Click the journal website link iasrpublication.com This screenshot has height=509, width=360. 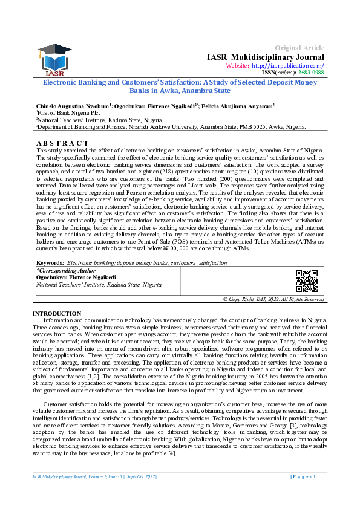pos(288,65)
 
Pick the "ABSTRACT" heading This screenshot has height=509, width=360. pos(62,143)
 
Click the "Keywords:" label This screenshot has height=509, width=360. pos(50,262)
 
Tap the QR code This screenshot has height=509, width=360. pos(306,281)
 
